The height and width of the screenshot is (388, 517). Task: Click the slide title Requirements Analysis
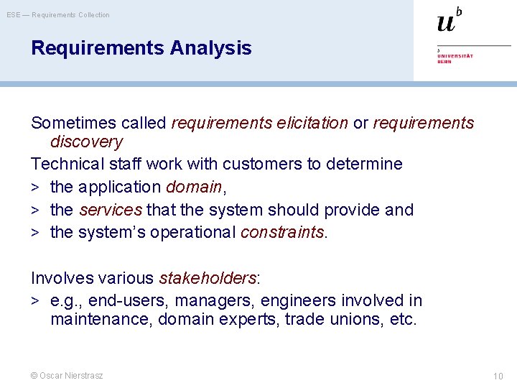click(x=141, y=48)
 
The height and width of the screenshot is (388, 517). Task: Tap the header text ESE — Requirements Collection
click(x=58, y=15)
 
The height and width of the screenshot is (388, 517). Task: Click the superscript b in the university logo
click(x=459, y=11)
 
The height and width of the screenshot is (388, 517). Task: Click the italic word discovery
click(x=86, y=142)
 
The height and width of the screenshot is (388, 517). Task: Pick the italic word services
click(x=111, y=211)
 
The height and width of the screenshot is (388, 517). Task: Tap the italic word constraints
click(x=283, y=234)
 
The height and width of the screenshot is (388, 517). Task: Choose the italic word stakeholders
click(x=208, y=278)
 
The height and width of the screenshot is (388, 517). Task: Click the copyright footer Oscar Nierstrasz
click(x=67, y=376)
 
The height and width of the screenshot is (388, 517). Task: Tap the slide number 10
click(x=498, y=377)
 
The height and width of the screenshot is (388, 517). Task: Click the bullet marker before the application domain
click(x=34, y=188)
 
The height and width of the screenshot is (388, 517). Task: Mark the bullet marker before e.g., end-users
click(x=34, y=301)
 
